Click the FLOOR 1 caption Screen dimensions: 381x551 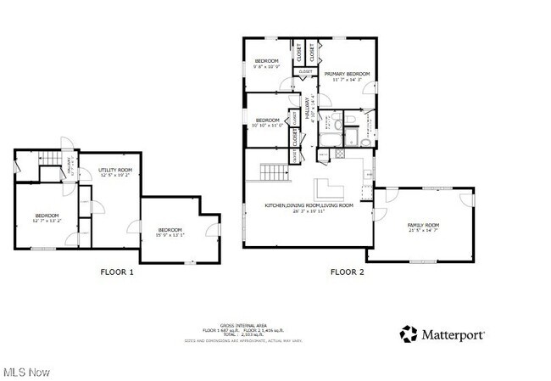118,272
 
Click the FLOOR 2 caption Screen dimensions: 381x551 347,272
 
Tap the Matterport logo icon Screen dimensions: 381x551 409,333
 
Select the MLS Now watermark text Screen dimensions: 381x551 26,372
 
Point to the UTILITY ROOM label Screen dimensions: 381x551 114,172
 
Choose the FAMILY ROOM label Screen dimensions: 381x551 425,227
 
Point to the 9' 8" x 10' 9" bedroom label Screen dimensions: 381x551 268,64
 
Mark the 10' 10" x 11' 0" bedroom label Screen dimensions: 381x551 268,122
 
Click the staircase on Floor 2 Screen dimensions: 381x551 275,173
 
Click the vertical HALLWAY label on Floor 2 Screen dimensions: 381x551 309,111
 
